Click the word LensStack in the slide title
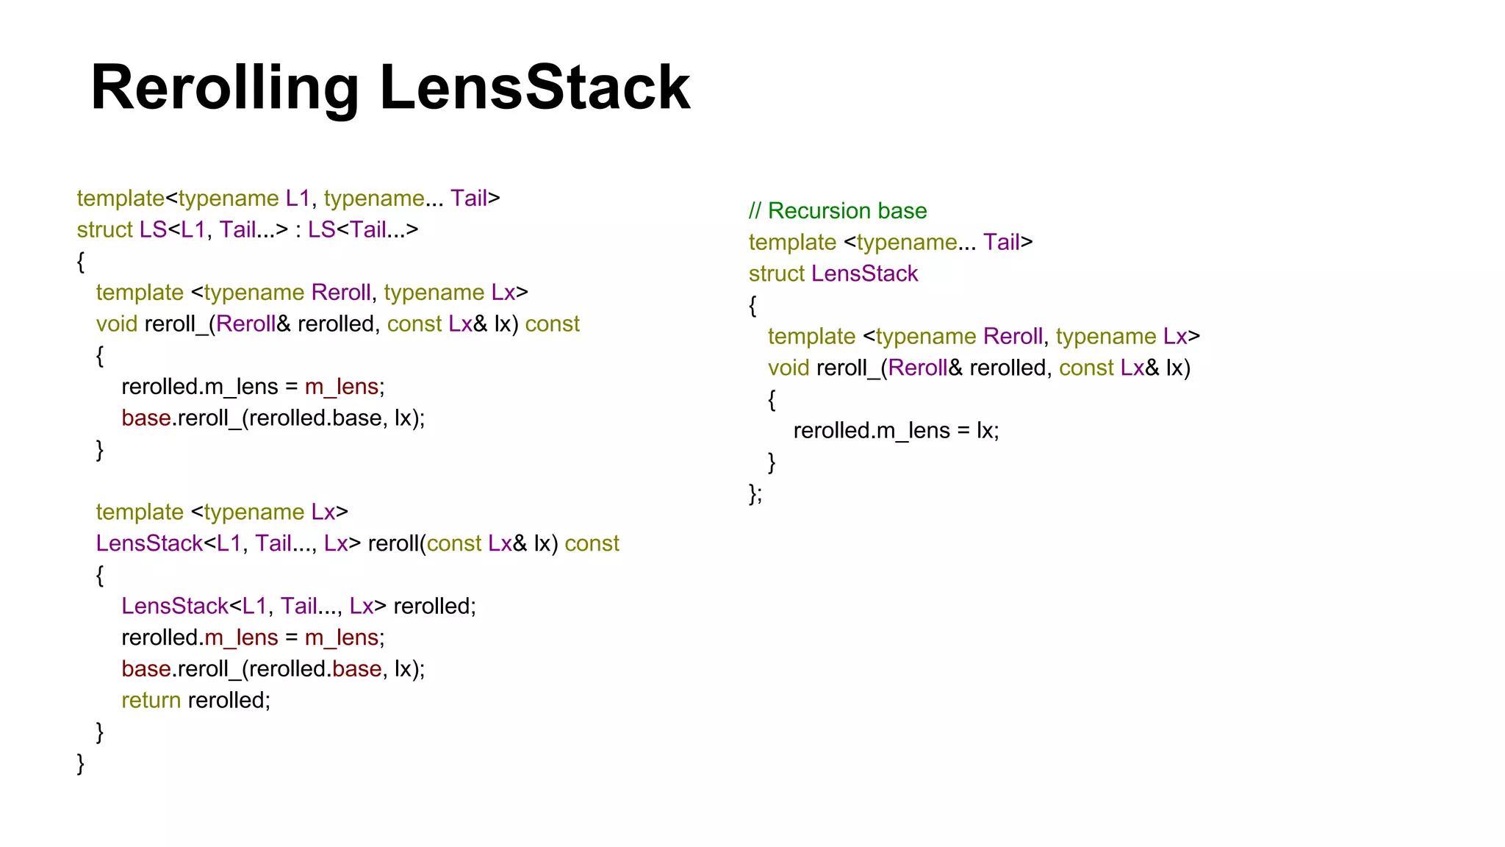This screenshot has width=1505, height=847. (x=535, y=88)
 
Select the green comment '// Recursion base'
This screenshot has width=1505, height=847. (x=838, y=211)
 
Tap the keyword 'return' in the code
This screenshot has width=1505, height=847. (x=151, y=700)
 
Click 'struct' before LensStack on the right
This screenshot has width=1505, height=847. (x=777, y=274)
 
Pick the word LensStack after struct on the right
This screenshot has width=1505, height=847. (x=864, y=274)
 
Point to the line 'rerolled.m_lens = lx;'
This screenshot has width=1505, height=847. (x=896, y=430)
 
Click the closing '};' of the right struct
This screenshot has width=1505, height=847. (x=755, y=493)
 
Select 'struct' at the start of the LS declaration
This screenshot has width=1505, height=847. (x=104, y=229)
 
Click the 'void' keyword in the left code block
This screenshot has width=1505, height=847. (x=117, y=324)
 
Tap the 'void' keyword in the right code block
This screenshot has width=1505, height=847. (x=789, y=368)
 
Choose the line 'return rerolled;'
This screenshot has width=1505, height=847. (x=195, y=700)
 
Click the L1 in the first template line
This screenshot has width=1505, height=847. (x=298, y=199)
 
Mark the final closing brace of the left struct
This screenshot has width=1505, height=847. (x=81, y=764)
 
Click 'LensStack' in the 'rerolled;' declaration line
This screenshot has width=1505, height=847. (x=175, y=606)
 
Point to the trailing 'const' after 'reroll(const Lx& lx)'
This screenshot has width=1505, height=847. (x=592, y=543)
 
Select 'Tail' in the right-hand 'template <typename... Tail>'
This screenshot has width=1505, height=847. (x=1001, y=242)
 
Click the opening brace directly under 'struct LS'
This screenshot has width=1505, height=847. (x=81, y=262)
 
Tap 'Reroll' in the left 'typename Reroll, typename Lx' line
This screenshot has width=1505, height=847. (x=341, y=293)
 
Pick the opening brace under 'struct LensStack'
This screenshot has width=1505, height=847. (x=752, y=306)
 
